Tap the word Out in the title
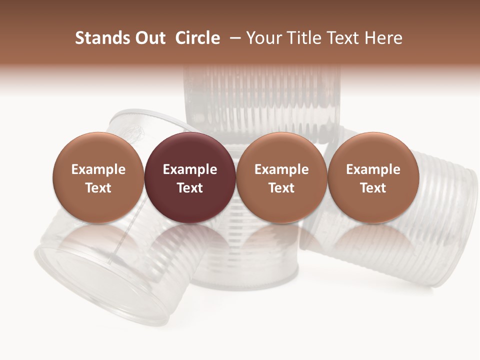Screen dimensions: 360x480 tap(149, 38)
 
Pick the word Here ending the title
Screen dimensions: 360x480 tap(383, 38)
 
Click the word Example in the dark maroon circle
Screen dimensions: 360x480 tap(190, 169)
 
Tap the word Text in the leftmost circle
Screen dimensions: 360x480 tap(98, 188)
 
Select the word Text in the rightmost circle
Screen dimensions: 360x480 tap(373, 188)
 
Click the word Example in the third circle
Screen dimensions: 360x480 tap(281, 169)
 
